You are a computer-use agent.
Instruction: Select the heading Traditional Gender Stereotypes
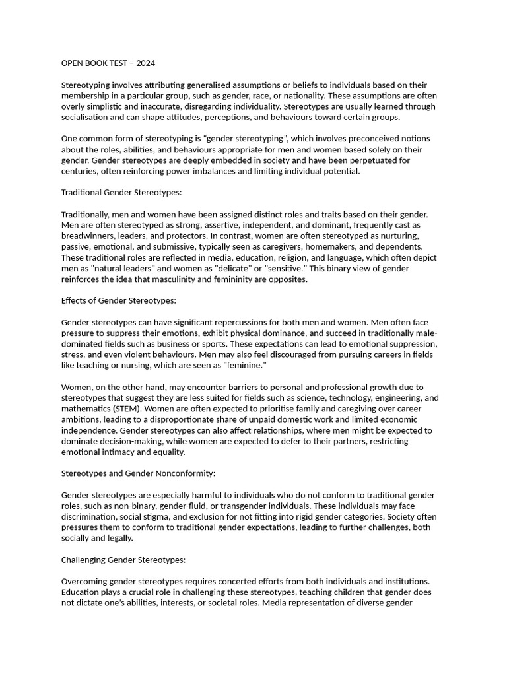pos(121,193)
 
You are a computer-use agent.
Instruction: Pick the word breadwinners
pos(89,236)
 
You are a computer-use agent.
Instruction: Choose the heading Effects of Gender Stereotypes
pos(119,300)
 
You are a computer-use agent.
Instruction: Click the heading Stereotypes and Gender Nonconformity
pos(138,473)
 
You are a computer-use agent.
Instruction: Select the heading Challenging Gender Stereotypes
pos(123,560)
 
